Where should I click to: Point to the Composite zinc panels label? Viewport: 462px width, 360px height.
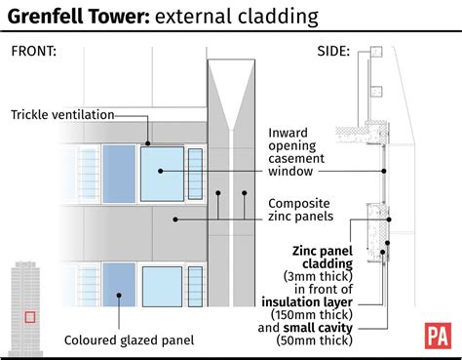306,210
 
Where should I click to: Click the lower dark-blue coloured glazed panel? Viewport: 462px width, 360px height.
116,284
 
